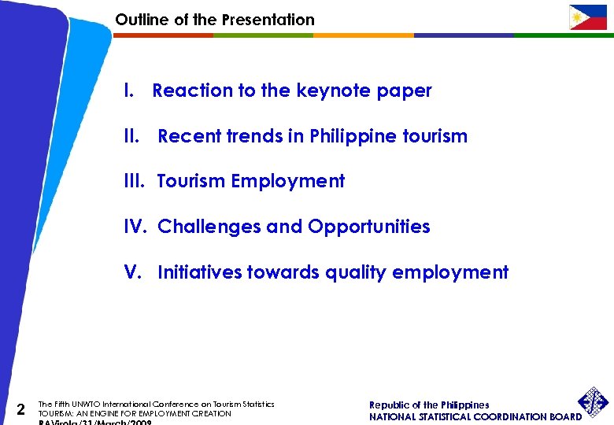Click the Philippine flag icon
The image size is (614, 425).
tap(588, 17)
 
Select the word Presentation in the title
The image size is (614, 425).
tap(268, 20)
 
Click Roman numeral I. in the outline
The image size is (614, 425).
tap(129, 91)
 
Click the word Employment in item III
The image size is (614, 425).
tap(287, 182)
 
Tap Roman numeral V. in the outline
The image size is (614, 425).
tap(133, 273)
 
